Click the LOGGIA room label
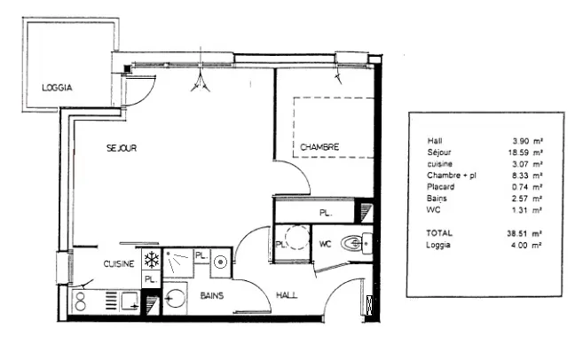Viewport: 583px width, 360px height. coord(57,87)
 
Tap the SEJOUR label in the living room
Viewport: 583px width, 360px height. coord(122,149)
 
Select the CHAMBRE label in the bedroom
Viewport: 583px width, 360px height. coord(319,146)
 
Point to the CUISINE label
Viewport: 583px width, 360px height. coord(119,263)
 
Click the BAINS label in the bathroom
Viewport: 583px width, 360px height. coord(211,294)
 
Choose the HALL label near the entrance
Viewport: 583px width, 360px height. coord(287,294)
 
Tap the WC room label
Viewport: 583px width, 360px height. coord(325,243)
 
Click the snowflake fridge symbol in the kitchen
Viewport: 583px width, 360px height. coord(151,260)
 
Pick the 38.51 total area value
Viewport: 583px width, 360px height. coord(522,234)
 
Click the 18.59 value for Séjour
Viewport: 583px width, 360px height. coord(522,153)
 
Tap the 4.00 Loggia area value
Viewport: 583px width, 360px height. coord(524,246)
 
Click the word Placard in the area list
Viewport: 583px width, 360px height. coord(441,187)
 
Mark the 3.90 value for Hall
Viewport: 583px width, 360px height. coord(524,141)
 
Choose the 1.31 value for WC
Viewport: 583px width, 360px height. coord(524,210)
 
